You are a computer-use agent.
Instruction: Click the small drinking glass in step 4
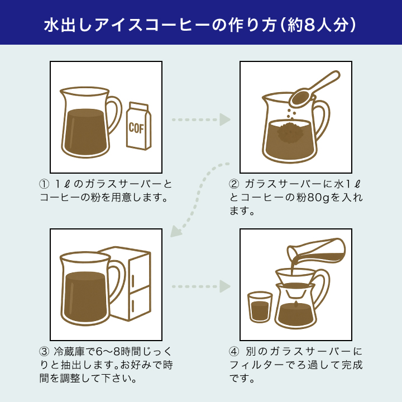[x=260, y=307]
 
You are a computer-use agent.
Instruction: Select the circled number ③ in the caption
[x=44, y=352]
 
